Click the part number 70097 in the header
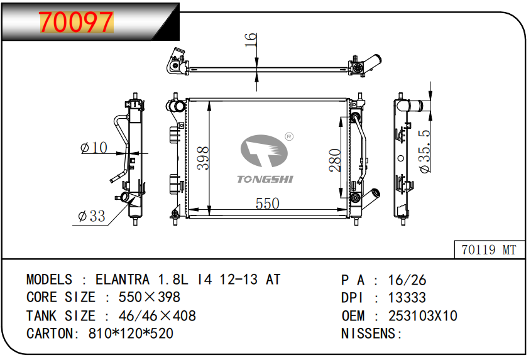76,22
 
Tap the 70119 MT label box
488,250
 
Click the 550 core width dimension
267,204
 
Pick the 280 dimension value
336,160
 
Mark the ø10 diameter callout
94,148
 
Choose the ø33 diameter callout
92,217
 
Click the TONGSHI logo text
265,180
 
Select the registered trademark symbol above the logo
289,136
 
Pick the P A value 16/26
406,280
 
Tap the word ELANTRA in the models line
123,280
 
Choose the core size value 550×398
145,297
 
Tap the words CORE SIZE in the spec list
61,297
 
